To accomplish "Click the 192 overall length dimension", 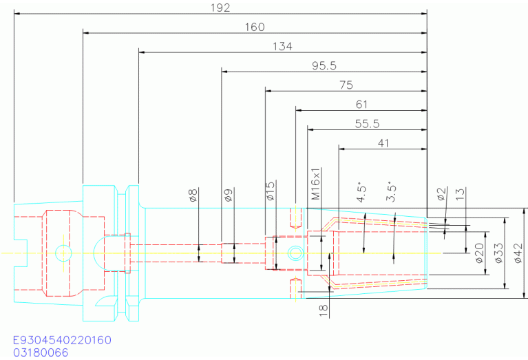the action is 220,8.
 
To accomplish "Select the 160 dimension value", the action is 255,27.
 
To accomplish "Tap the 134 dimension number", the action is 282,46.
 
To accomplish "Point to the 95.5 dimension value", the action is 324,65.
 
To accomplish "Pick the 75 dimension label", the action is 346,85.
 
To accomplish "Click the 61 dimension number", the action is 361,105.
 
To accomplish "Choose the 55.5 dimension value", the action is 368,124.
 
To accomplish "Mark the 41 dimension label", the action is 383,143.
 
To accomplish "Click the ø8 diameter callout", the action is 193,195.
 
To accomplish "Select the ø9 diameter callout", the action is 229,195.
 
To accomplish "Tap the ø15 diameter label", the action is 271,191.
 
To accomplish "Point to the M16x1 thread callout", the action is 315,184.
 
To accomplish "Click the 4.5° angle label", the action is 361,193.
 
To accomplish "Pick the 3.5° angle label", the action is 391,193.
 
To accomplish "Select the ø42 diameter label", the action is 518,253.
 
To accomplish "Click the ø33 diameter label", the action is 499,253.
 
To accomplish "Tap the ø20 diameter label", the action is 480,253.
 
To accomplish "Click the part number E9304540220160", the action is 62,340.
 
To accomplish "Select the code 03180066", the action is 41,352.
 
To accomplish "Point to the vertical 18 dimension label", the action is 324,310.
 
